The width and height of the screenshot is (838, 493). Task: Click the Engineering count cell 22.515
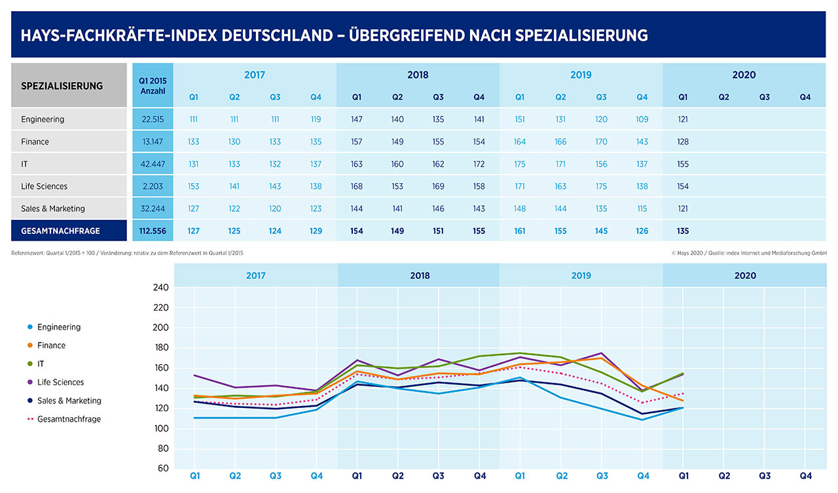pyautogui.click(x=153, y=120)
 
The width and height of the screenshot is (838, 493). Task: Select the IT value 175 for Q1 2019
pyautogui.click(x=520, y=164)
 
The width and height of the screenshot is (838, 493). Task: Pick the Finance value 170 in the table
pyautogui.click(x=601, y=142)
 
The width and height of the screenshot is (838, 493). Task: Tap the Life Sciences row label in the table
pyautogui.click(x=44, y=186)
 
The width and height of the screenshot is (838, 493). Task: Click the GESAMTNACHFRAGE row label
pyautogui.click(x=60, y=231)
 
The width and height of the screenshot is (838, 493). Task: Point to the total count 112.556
pyautogui.click(x=153, y=231)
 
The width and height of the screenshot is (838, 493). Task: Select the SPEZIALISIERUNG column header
pyautogui.click(x=62, y=86)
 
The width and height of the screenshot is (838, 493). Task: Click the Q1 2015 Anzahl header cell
pyautogui.click(x=153, y=86)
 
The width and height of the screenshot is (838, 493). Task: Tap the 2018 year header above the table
pyautogui.click(x=418, y=75)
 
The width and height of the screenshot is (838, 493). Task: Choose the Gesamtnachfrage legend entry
pyautogui.click(x=69, y=419)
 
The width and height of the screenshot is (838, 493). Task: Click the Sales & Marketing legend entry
pyautogui.click(x=69, y=401)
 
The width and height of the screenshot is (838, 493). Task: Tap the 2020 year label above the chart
pyautogui.click(x=745, y=275)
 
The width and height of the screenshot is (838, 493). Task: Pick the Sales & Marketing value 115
pyautogui.click(x=642, y=209)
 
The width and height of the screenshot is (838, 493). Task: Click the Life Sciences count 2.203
pyautogui.click(x=153, y=186)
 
